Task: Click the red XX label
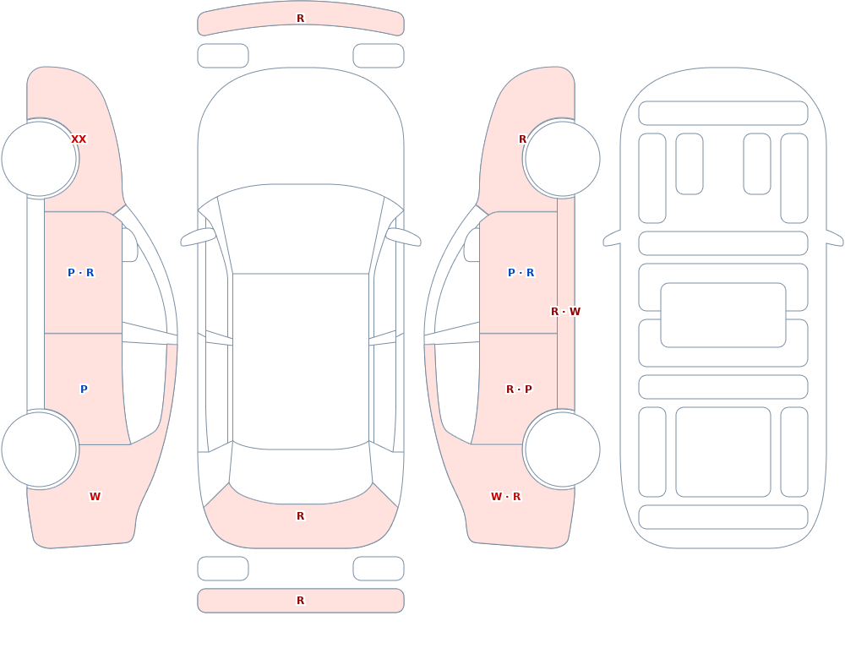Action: [79, 139]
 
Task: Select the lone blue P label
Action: [84, 389]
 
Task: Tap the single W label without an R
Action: [95, 497]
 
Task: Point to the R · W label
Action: [565, 312]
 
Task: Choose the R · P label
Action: [519, 389]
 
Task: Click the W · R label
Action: [505, 497]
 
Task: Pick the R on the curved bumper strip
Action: [301, 19]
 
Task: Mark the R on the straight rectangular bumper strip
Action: [301, 601]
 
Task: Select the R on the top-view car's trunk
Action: [301, 516]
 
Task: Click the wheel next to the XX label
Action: [40, 159]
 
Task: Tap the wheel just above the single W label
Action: [40, 449]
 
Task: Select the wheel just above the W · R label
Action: [562, 449]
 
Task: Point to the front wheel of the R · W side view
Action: [562, 159]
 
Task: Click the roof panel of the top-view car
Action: [301, 361]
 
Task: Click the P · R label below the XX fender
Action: [81, 273]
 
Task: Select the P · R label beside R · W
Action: [521, 273]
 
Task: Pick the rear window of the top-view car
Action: [301, 473]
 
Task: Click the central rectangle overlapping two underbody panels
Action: [723, 315]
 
